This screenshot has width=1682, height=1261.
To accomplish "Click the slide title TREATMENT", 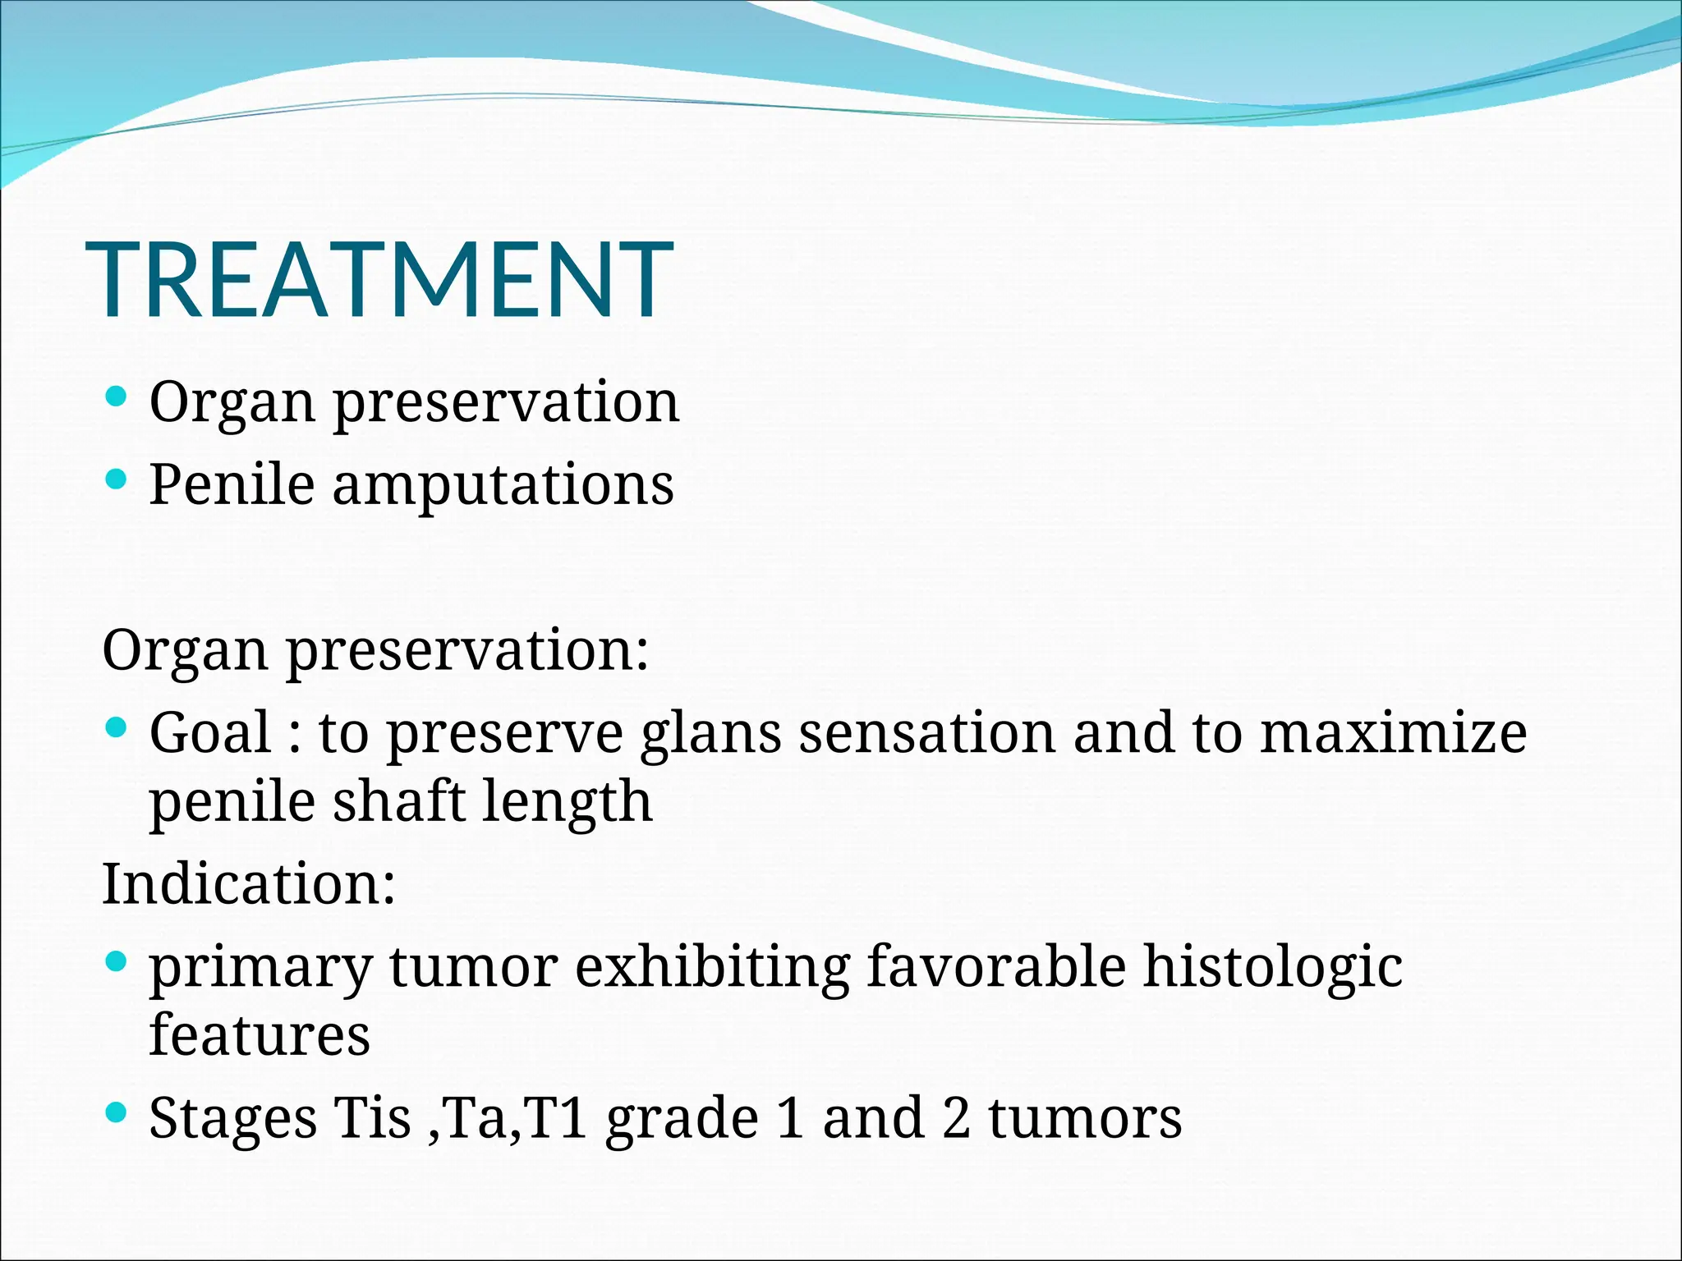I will click(379, 279).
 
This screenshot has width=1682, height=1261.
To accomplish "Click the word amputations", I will click(503, 484).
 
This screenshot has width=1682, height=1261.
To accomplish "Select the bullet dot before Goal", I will click(117, 727).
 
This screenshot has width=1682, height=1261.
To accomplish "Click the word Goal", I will click(210, 732).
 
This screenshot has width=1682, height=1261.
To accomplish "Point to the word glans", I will click(710, 734).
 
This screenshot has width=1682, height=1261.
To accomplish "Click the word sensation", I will click(926, 732).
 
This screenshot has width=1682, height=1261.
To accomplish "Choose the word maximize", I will click(1393, 732).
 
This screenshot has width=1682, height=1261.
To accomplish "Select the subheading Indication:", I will click(249, 884).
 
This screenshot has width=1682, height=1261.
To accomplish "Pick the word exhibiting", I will click(712, 967).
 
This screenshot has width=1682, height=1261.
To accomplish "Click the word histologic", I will click(1273, 967).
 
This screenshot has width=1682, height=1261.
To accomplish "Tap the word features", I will click(260, 1034).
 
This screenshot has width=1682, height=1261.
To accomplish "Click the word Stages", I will click(233, 1120).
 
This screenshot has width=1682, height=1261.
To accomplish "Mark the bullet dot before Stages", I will click(117, 1112).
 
